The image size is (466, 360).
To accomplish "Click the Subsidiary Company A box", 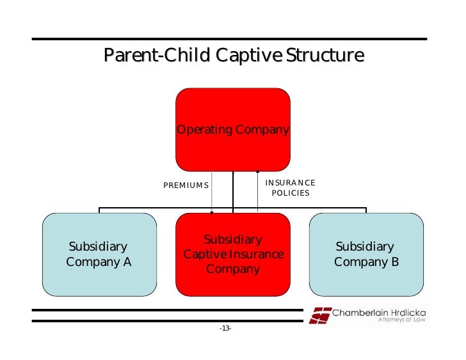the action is tap(99, 254).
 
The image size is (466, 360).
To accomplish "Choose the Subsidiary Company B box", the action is tap(366, 254).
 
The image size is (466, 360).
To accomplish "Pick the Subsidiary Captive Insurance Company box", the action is tap(233, 254).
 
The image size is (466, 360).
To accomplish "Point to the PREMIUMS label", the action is tap(186, 185).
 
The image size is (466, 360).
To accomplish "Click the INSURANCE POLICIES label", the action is tap(290, 187).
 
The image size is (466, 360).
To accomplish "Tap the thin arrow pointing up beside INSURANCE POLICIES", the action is tap(257, 189).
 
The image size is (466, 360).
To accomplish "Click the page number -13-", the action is tap(225, 329).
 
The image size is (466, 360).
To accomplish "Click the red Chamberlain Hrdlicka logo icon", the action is tap(320, 315).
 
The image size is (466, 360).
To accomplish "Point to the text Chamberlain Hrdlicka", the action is tap(379, 312).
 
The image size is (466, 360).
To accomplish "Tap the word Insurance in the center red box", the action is tap(259, 254).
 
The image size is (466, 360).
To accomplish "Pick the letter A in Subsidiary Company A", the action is tap(127, 262).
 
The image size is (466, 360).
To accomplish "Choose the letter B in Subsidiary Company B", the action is tap(394, 262).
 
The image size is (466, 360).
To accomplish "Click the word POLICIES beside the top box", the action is tap(291, 192).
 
